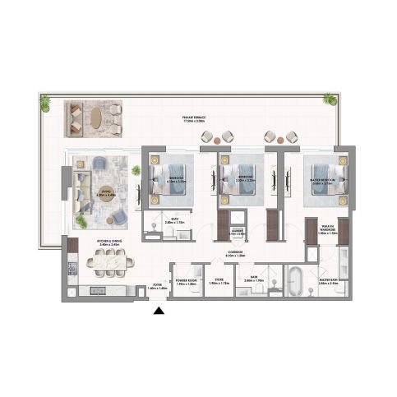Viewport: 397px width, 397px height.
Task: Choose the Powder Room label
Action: click(x=187, y=282)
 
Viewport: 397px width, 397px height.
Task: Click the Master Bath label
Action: click(x=328, y=282)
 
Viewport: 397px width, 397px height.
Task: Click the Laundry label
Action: click(x=235, y=233)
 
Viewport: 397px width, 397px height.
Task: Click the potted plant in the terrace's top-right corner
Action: click(x=330, y=99)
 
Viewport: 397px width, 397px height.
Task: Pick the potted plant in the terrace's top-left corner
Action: click(x=44, y=103)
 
